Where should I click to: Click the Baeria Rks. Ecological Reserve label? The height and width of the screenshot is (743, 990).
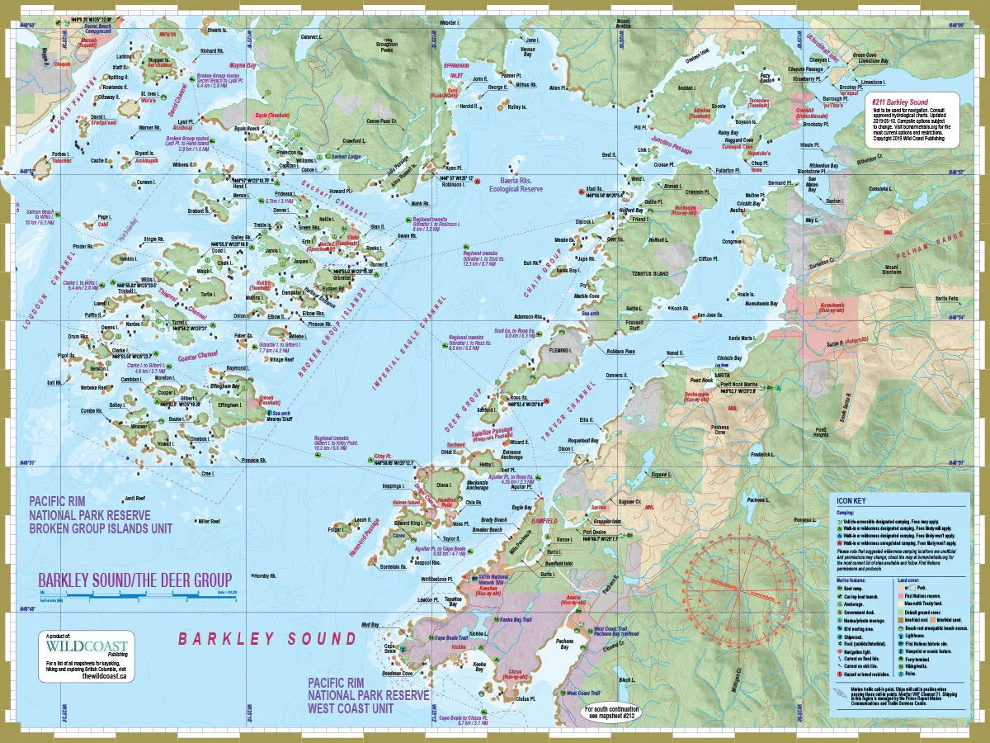coord(516,184)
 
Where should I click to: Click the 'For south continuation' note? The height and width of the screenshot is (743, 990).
coord(612,712)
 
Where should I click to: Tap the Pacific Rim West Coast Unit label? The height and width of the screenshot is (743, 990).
coord(368,695)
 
